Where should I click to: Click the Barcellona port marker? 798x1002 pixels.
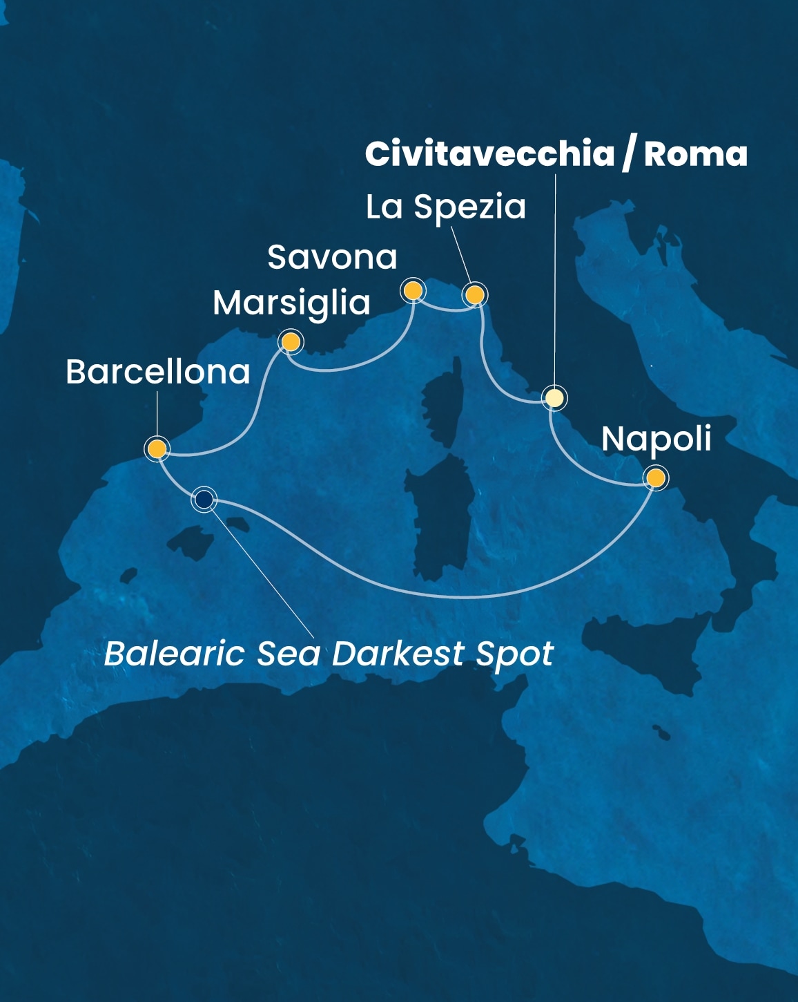pyautogui.click(x=157, y=448)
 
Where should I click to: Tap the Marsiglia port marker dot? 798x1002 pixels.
pyautogui.click(x=291, y=341)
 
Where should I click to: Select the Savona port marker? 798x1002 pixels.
pyautogui.click(x=413, y=290)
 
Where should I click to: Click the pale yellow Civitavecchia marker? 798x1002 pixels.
pyautogui.click(x=554, y=398)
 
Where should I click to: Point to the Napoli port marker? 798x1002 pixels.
pyautogui.click(x=655, y=478)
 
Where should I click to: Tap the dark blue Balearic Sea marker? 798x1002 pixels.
pyautogui.click(x=204, y=498)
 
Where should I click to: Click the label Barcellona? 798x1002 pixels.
pyautogui.click(x=157, y=372)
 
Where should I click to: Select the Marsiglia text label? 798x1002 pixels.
pyautogui.click(x=291, y=303)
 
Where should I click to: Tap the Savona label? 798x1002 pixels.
pyautogui.click(x=332, y=257)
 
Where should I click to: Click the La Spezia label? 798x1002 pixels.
pyautogui.click(x=445, y=207)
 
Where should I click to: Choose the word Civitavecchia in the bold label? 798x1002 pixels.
pyautogui.click(x=489, y=153)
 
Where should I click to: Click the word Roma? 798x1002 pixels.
pyautogui.click(x=695, y=153)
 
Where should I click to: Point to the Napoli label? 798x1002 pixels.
pyautogui.click(x=656, y=439)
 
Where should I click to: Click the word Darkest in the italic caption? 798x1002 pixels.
pyautogui.click(x=398, y=654)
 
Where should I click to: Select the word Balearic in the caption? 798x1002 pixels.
pyautogui.click(x=174, y=654)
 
